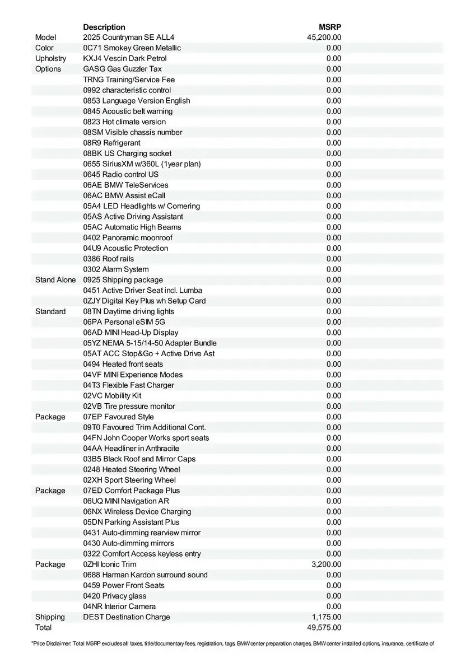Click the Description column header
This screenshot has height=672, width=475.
pos(104,27)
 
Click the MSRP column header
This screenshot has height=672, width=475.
pos(330,27)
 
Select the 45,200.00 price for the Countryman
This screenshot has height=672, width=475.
pos(324,38)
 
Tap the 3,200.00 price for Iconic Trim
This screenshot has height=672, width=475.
pos(326,564)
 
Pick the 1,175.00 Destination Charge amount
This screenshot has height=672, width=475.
pos(326,617)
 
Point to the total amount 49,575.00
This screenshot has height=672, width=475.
pos(324,628)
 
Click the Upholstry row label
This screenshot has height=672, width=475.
pos(50,58)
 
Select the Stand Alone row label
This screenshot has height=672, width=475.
pos(55,280)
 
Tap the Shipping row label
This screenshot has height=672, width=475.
pos(50,617)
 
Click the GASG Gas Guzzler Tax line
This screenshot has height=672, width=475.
pos(122,69)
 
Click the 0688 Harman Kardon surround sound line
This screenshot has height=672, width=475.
pos(145,575)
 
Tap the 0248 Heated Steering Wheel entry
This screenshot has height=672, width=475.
pos(132,470)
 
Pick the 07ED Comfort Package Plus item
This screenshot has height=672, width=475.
pos(132,491)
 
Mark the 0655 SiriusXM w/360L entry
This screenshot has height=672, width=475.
pos(142,164)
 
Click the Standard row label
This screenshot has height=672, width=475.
pos(50,311)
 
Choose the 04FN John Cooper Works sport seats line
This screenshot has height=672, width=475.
pos(146,438)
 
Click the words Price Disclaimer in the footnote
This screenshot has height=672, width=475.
pos(51,643)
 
